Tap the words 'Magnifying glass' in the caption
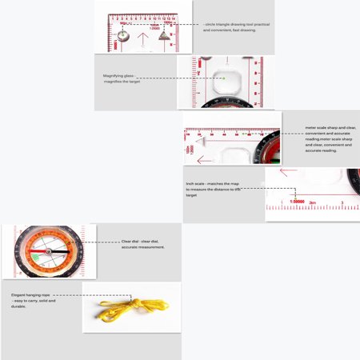(x=118, y=75)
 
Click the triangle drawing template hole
(x=165, y=35)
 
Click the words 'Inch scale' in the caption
(x=197, y=183)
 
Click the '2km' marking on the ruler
(x=314, y=202)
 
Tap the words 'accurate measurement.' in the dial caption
(x=144, y=247)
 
